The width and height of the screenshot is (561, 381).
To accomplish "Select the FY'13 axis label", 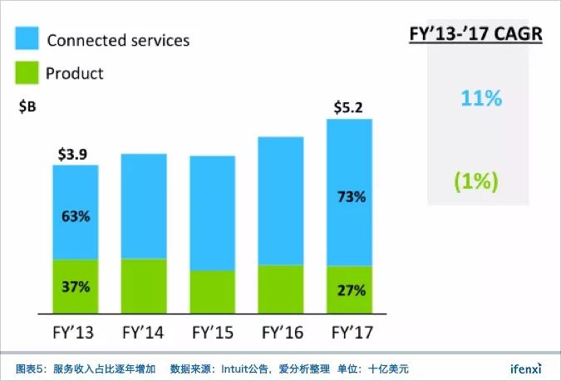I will (74, 334).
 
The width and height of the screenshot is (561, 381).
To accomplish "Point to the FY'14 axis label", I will (143, 334).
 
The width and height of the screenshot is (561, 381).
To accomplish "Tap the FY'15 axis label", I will (212, 334).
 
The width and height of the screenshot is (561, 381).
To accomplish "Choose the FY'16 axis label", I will (281, 334).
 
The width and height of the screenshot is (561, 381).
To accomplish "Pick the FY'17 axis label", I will (350, 334).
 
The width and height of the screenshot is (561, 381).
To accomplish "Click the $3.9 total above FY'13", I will (75, 155).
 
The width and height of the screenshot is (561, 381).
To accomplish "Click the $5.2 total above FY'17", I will (349, 108).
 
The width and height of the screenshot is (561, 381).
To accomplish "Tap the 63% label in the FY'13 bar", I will (75, 217).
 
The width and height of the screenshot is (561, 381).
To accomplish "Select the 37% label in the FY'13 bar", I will (75, 286).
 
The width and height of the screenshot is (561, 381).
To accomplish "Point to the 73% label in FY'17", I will (350, 198).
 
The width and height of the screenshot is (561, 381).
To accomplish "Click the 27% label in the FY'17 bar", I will (350, 290).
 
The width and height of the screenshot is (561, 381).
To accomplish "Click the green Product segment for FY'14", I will (144, 286).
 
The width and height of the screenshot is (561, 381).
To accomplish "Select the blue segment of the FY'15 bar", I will (212, 213).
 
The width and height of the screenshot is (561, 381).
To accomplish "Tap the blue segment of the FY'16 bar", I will (281, 200).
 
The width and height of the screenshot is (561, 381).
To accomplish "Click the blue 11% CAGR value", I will (481, 99).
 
